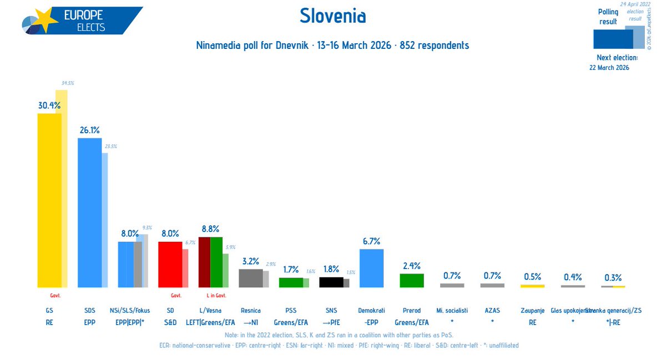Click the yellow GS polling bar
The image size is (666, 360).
click(49, 200)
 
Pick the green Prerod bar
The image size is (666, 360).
click(411, 280)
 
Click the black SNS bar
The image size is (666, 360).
click(331, 282)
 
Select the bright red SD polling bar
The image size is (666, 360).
click(170, 264)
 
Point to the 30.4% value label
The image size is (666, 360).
click(49, 105)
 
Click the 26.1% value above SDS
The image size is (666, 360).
click(89, 130)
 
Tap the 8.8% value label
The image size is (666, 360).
click(210, 229)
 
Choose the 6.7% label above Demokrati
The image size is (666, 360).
click(371, 241)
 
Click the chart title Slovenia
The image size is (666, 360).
click(332, 16)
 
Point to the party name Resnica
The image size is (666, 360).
click(250, 311)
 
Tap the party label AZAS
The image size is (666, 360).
click(492, 311)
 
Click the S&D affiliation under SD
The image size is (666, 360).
click(170, 322)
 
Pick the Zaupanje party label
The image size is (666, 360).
click(532, 311)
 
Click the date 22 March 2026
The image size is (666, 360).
click(609, 68)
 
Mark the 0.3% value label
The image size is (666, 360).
click(613, 277)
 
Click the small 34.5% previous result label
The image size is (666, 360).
click(68, 83)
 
